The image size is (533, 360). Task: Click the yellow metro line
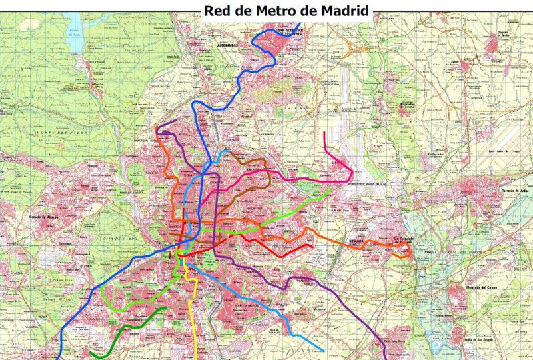click(x=194, y=313)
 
